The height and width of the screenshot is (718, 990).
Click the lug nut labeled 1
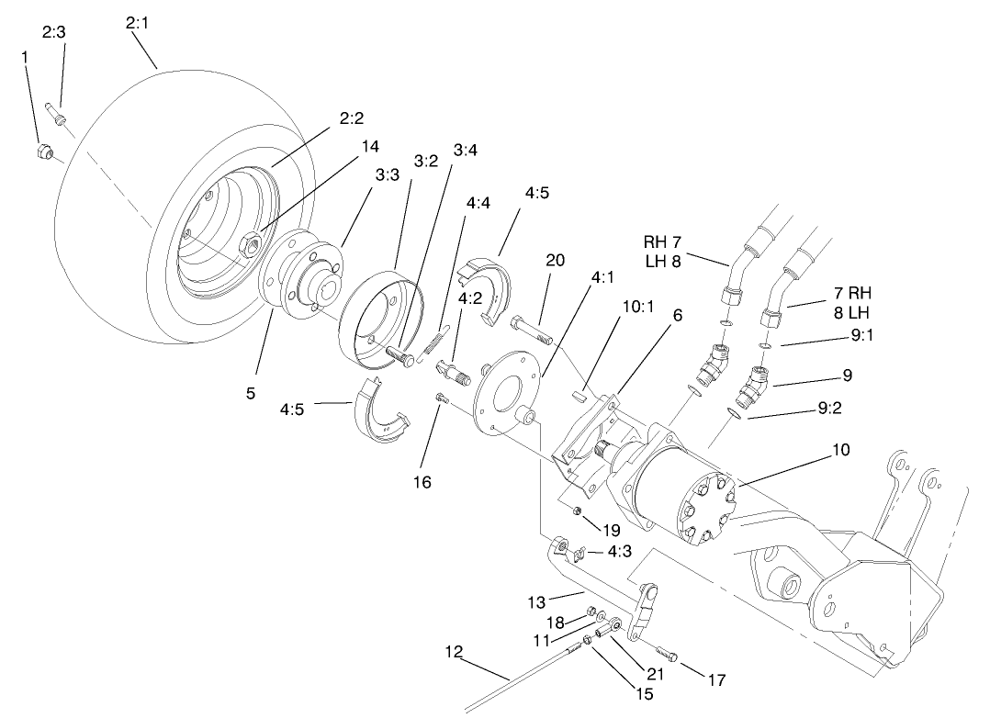43,151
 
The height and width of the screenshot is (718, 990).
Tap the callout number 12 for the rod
453,652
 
